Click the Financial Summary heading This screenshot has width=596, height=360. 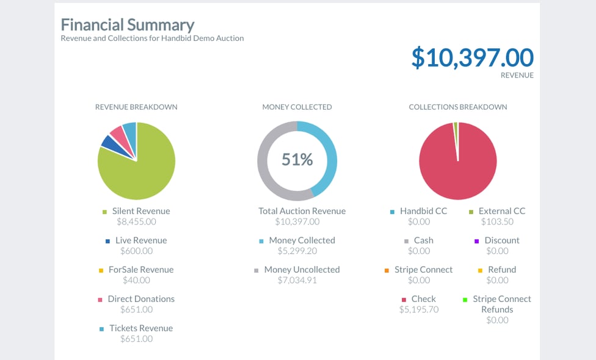tap(128, 25)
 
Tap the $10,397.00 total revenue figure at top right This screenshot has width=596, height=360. tap(472, 57)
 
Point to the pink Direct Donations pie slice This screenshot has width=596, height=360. tap(117, 132)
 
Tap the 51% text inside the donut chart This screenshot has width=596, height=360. tap(297, 160)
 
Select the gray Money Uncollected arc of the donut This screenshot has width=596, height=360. tap(266, 165)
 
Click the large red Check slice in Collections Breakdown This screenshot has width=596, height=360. tap(458, 168)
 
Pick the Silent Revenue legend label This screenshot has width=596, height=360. tap(141, 211)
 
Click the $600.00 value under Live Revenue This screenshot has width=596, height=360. tap(136, 251)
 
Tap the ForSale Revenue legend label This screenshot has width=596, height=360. tap(141, 270)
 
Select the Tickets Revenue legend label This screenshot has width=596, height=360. tap(141, 328)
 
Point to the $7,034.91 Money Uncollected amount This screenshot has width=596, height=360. tap(297, 280)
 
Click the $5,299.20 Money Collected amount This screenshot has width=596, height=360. tap(297, 251)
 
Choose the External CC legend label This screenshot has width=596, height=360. tap(502, 211)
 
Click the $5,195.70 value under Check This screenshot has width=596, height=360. tap(419, 309)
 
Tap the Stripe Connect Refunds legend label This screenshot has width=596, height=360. tap(502, 304)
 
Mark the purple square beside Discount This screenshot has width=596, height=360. tap(477, 241)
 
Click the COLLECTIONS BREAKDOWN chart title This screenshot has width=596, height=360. tap(458, 107)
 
